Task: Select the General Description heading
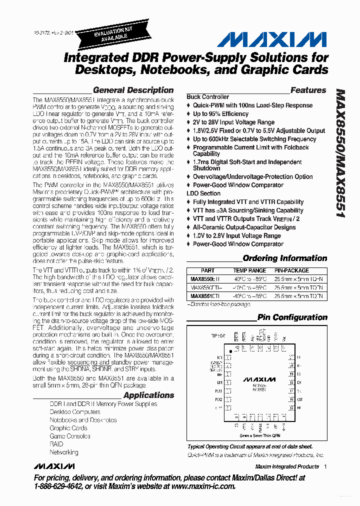[133, 90]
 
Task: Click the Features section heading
[308, 90]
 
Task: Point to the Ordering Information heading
[284, 258]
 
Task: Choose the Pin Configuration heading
[292, 317]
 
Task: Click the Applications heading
[148, 395]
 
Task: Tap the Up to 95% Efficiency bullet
[220, 114]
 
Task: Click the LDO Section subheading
[203, 193]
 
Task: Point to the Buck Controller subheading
[208, 97]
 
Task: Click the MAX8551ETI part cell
[205, 296]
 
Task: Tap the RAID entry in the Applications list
[56, 444]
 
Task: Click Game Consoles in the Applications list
[70, 436]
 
